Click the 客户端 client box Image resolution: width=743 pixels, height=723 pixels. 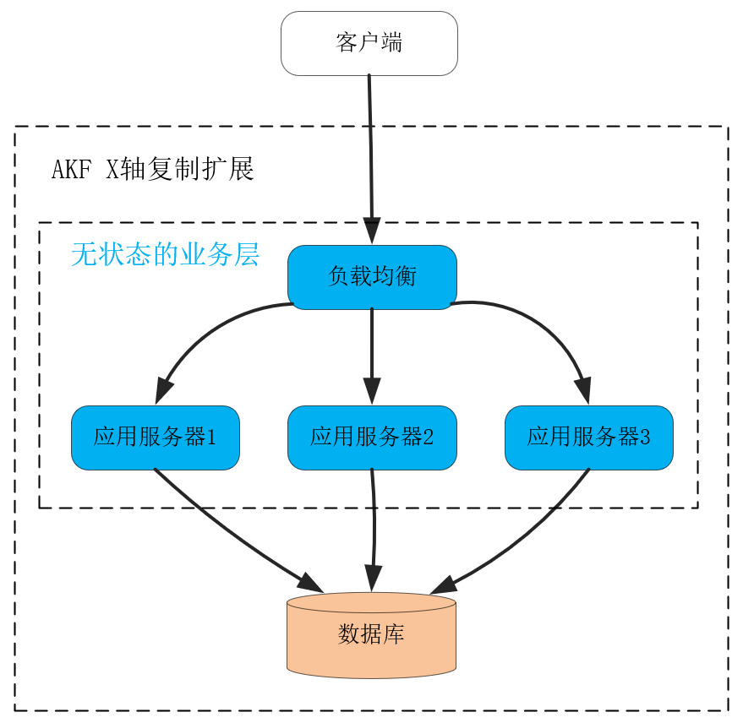pos(369,43)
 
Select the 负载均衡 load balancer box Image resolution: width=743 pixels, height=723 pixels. pos(372,277)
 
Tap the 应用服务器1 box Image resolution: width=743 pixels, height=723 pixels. pos(156,438)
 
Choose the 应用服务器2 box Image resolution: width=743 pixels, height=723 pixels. pos(372,438)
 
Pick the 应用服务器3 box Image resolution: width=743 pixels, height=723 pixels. pos(589,438)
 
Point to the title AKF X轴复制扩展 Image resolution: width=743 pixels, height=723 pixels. pos(153,170)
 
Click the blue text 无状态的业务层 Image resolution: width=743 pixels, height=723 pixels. pos(165,254)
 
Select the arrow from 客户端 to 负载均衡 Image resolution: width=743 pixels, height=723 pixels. pos(370,152)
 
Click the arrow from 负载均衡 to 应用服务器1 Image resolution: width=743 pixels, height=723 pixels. pos(203,329)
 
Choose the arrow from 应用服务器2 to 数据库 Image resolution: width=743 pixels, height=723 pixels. pos(373,532)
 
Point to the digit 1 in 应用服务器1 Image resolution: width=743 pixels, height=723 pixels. pos(211,438)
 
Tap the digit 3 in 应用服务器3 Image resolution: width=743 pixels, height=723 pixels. pos(645,438)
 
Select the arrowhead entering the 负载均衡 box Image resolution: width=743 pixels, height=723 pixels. pos(372,231)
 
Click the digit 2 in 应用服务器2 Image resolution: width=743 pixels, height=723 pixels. pos(428,438)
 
